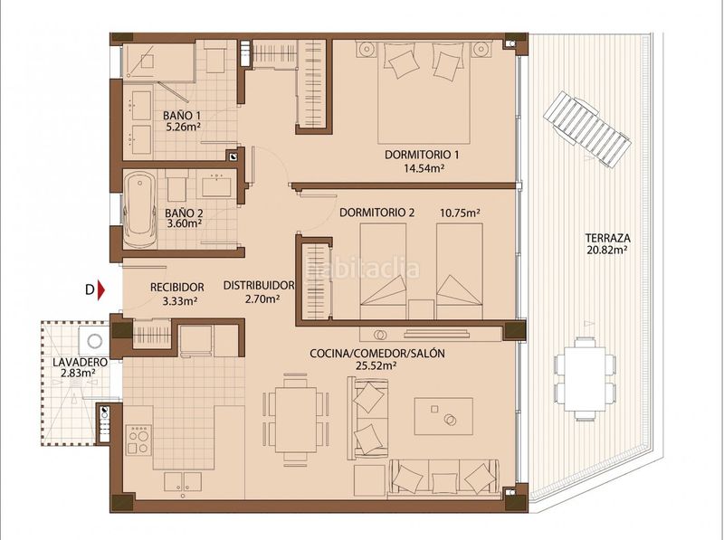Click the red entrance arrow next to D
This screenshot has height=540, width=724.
[101, 290]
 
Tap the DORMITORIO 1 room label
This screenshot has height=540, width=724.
[422, 155]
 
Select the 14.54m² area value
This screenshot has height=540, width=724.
[424, 168]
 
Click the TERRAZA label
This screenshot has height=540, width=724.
[607, 239]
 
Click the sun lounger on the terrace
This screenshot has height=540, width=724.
[587, 128]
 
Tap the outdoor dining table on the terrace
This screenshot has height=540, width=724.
[580, 378]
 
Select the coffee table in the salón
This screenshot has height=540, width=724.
[443, 416]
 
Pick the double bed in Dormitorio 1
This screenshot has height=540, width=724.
[424, 92]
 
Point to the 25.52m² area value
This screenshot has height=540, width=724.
[376, 366]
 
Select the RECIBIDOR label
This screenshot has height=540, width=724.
[176, 287]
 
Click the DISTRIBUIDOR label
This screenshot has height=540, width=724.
[259, 285]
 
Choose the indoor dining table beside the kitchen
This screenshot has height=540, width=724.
[296, 420]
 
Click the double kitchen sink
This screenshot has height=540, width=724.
[184, 481]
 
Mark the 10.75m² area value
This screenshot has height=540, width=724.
[460, 213]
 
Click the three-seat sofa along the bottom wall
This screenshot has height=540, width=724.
[443, 478]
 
